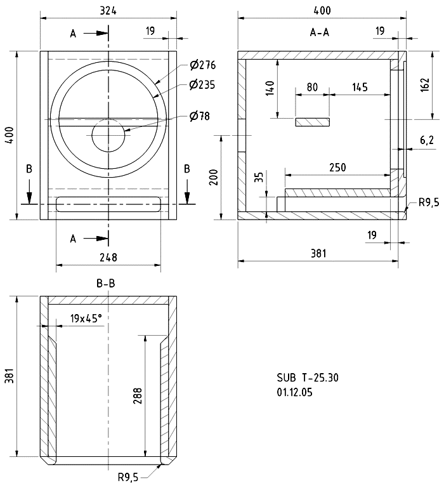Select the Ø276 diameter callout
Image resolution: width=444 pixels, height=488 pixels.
[203, 65]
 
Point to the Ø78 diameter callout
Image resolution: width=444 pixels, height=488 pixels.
[200, 116]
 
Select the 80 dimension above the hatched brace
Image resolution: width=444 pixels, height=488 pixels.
[312, 88]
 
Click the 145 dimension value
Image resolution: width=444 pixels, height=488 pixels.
[360, 88]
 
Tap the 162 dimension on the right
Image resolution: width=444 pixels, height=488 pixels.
[426, 84]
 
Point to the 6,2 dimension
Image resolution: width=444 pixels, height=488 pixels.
[427, 140]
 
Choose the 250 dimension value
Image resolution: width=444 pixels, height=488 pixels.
[337, 167]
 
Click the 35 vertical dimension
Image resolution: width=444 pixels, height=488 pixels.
[259, 177]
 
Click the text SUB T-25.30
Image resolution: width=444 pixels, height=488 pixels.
[308, 378]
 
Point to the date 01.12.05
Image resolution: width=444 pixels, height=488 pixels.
[295, 393]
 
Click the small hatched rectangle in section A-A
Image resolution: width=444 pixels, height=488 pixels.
[313, 121]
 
